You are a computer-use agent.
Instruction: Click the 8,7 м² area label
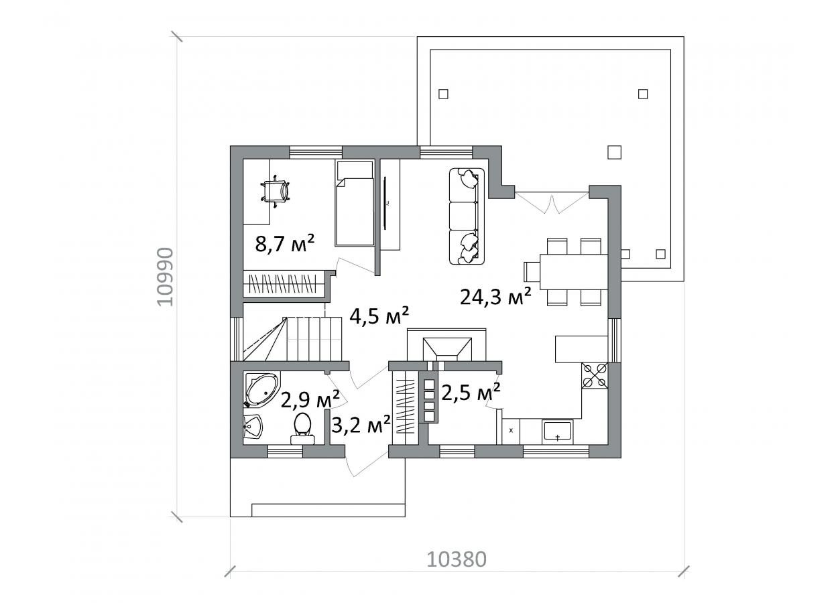click(x=285, y=244)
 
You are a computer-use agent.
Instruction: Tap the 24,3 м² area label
click(x=495, y=296)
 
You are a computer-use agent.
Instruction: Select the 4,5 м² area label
click(x=379, y=316)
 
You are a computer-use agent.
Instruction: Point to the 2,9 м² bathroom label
click(x=310, y=399)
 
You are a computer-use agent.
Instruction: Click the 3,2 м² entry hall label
click(x=361, y=424)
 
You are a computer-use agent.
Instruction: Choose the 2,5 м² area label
click(x=471, y=392)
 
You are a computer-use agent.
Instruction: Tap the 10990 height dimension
click(x=165, y=277)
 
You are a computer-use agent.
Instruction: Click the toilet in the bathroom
click(x=302, y=428)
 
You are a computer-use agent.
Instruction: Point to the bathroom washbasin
click(x=253, y=427)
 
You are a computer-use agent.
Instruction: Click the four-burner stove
click(x=595, y=376)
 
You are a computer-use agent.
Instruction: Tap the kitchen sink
click(x=557, y=431)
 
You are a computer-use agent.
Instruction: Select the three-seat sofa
click(x=467, y=216)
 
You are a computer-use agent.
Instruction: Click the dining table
click(x=573, y=271)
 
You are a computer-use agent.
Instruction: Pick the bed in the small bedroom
click(x=355, y=204)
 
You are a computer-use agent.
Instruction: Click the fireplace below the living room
click(x=446, y=346)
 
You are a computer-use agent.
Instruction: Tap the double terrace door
click(x=552, y=202)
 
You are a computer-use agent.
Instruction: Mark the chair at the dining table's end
click(x=531, y=271)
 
